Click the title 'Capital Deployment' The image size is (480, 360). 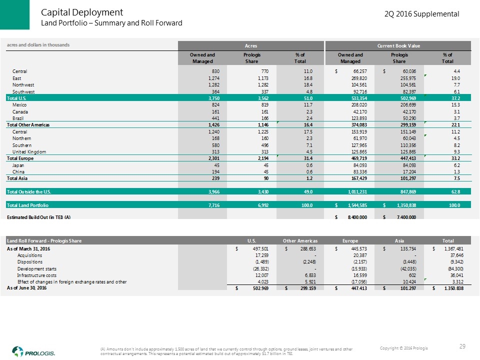click(82, 12)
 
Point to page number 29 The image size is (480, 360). click(462, 347)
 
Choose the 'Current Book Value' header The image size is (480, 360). click(398, 45)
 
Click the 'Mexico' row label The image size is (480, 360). click(20, 106)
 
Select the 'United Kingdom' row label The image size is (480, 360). click(30, 151)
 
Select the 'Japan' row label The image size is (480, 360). click(18, 165)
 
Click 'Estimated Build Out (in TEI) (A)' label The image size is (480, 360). click(38, 216)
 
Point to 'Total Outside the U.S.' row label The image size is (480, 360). click(29, 191)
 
